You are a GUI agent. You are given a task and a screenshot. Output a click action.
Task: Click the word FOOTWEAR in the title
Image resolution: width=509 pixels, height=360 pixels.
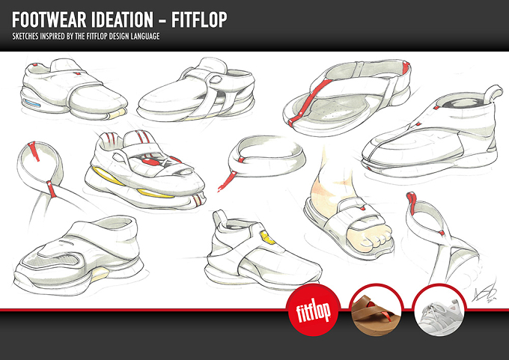[49, 20]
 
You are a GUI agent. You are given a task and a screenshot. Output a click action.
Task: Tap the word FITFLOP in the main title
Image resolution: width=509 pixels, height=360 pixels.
[199, 20]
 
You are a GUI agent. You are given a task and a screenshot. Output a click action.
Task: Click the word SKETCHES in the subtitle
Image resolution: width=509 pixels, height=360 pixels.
[25, 37]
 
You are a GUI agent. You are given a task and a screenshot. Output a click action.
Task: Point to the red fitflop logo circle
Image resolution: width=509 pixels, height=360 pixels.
[313, 310]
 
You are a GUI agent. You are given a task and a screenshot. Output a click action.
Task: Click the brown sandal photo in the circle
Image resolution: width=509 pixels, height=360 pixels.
[377, 310]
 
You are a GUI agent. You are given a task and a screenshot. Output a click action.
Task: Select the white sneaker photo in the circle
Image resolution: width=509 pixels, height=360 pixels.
[439, 310]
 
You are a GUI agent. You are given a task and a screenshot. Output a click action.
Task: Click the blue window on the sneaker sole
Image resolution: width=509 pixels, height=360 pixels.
[32, 103]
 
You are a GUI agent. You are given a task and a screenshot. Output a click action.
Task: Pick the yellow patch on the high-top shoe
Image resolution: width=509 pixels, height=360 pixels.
[267, 237]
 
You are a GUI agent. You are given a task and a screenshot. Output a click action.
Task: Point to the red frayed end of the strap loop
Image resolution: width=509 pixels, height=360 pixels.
[227, 181]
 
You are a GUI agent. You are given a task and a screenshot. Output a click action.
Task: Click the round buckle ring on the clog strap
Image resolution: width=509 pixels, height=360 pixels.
[216, 79]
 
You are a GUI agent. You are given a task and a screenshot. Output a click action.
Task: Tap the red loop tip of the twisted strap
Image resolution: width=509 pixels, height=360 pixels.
[411, 202]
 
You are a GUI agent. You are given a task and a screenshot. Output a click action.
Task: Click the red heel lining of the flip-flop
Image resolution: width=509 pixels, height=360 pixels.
[404, 71]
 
